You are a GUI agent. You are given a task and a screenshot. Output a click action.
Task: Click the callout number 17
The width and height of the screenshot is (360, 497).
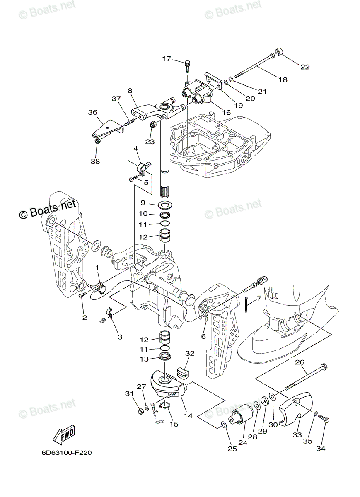click(x=166, y=59)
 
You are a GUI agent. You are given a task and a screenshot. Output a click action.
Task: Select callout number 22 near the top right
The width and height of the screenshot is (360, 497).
click(x=305, y=67)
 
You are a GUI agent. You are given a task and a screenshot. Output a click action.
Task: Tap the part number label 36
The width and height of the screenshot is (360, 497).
click(x=92, y=112)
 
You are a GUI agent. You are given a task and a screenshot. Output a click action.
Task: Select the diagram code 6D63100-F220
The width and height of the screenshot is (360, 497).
click(x=67, y=453)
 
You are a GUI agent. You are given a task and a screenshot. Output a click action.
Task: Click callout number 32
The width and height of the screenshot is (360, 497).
click(x=190, y=353)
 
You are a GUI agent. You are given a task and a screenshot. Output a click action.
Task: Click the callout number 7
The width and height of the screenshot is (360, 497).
click(x=259, y=298)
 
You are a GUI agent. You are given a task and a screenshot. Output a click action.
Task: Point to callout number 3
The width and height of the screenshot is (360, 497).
click(x=120, y=337)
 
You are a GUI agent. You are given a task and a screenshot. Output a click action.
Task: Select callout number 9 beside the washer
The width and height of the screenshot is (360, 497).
click(x=143, y=203)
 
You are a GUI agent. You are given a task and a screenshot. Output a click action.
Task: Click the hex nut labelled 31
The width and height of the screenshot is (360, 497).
click(x=140, y=411)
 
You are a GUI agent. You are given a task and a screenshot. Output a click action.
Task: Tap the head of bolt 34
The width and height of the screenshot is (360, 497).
click(x=326, y=420)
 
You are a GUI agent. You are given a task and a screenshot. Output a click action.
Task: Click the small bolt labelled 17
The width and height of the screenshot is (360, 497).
click(x=188, y=63)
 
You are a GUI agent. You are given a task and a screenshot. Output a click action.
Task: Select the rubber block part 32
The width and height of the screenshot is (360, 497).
click(x=183, y=371)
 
